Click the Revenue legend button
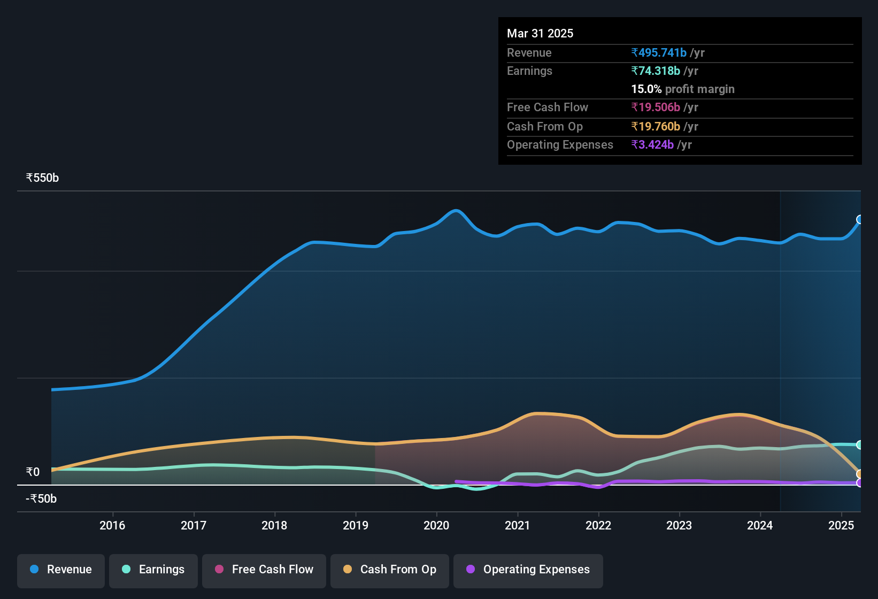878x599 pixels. click(x=61, y=570)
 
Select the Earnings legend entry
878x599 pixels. click(x=153, y=570)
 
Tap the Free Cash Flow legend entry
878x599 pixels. click(x=264, y=570)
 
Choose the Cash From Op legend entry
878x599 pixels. click(x=390, y=570)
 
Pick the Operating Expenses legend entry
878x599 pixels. click(x=528, y=570)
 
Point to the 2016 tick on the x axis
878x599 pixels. click(x=112, y=525)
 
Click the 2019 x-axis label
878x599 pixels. click(x=356, y=525)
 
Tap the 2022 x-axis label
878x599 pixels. click(x=598, y=525)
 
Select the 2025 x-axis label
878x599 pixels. click(x=841, y=525)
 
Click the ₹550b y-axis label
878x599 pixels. click(x=42, y=178)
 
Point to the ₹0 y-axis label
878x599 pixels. click(x=33, y=472)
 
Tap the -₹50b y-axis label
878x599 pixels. click(x=41, y=498)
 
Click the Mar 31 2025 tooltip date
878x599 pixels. click(x=540, y=33)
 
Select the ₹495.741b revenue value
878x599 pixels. click(x=659, y=52)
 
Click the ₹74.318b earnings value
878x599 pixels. click(x=656, y=71)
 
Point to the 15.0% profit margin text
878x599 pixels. click(x=683, y=89)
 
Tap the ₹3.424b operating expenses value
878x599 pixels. click(x=652, y=144)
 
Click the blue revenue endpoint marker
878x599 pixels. click(x=860, y=219)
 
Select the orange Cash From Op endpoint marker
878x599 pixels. click(x=860, y=474)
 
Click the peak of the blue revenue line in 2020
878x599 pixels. click(x=456, y=211)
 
